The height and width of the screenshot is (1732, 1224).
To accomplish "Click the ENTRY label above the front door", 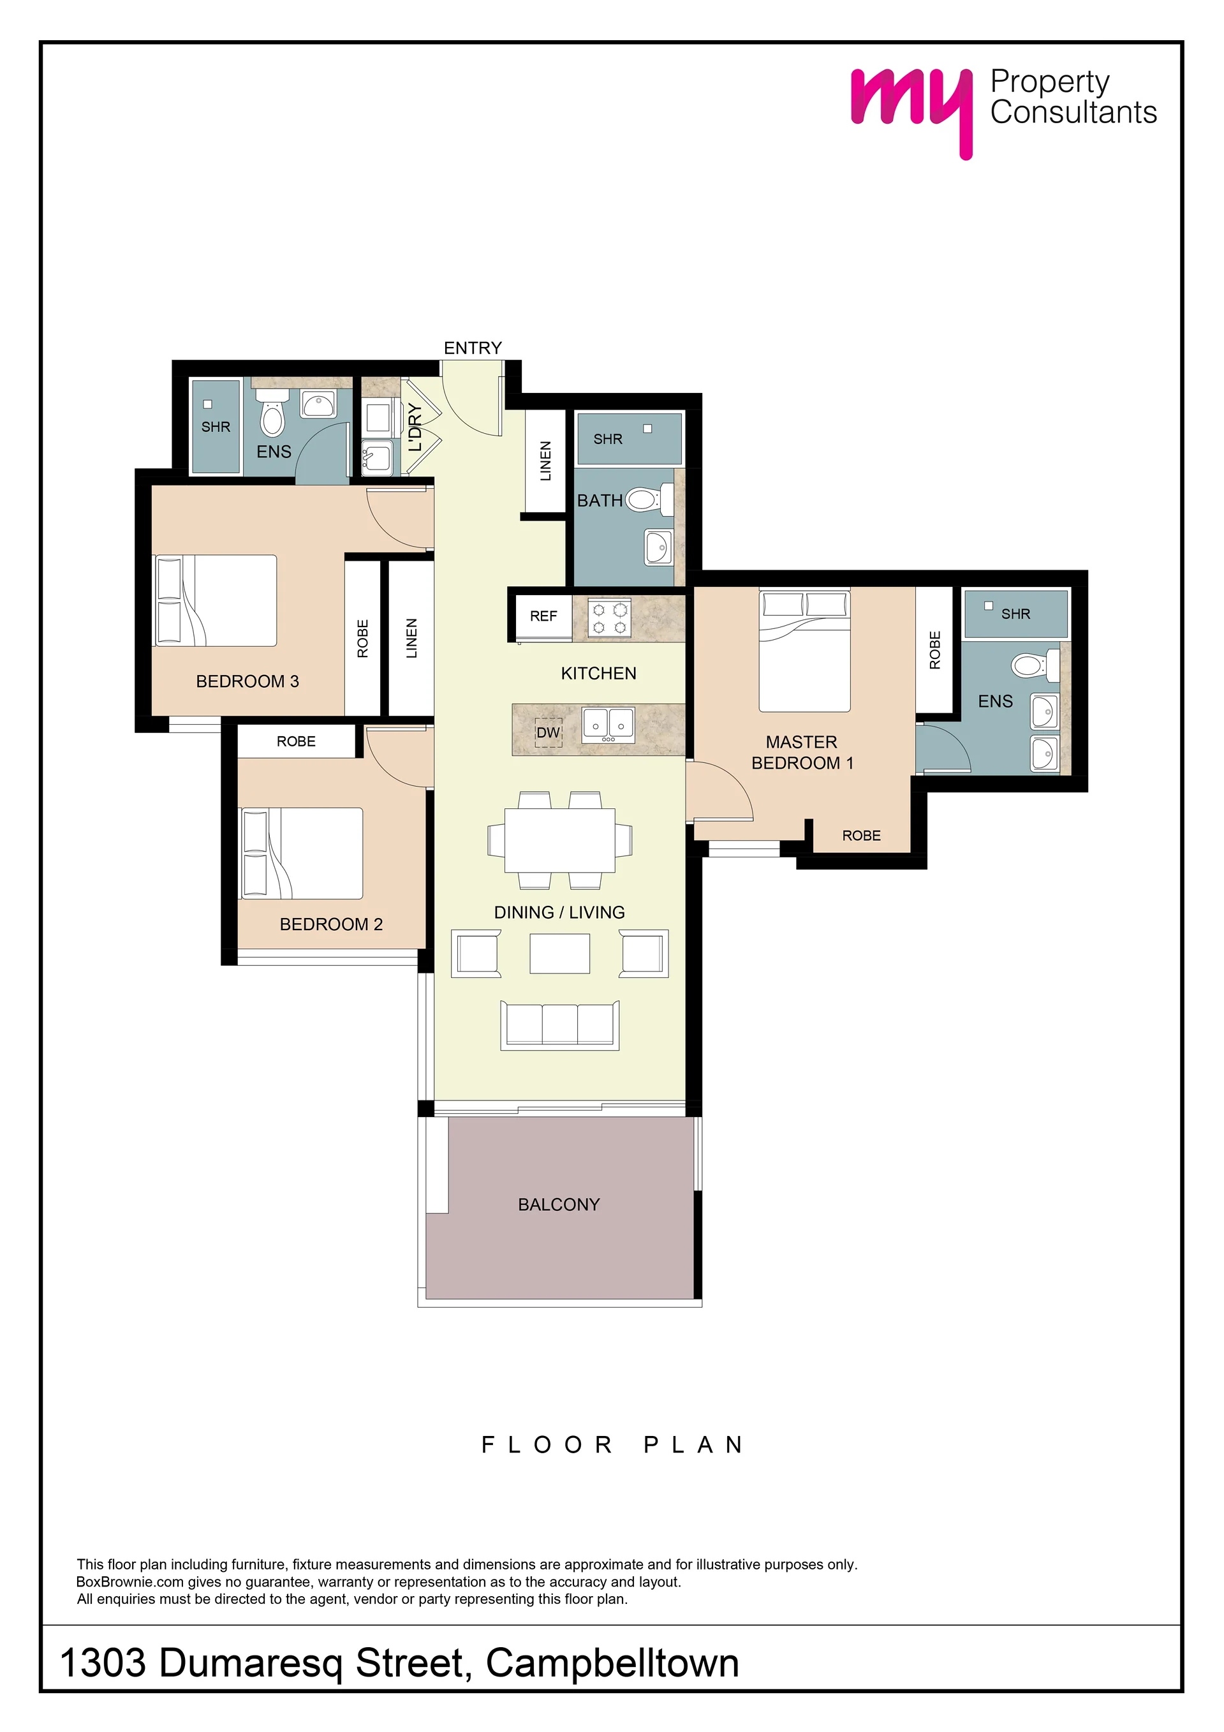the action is (x=472, y=348).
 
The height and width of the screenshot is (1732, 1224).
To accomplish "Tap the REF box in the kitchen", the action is (x=543, y=616).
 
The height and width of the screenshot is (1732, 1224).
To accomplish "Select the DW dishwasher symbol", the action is (x=549, y=732).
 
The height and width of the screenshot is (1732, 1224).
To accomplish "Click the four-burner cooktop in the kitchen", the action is (x=609, y=618).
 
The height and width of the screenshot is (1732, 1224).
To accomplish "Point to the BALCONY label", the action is (x=559, y=1204).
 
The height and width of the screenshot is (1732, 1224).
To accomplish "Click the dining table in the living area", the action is (x=559, y=840).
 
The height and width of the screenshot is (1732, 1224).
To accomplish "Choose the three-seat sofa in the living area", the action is (x=559, y=1025).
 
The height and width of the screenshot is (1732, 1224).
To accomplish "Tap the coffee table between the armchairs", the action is (x=559, y=954).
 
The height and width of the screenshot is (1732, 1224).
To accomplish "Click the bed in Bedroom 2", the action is (x=301, y=853).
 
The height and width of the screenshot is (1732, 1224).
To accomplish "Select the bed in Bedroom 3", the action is (x=215, y=600).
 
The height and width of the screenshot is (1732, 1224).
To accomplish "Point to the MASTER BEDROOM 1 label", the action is (x=802, y=752).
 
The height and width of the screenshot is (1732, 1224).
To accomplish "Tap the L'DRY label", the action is (x=414, y=427).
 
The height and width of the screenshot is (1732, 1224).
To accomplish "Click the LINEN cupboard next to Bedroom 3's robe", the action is (x=411, y=638).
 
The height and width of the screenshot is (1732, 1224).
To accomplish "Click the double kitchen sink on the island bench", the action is (x=608, y=724).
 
